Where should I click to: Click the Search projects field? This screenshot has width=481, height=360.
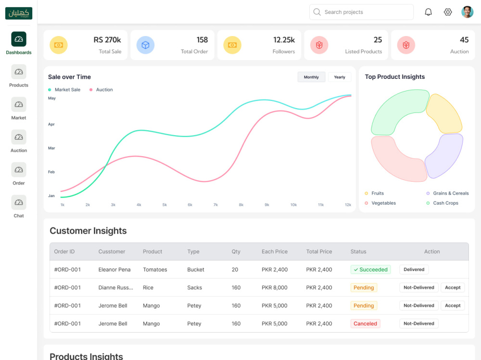click(x=361, y=12)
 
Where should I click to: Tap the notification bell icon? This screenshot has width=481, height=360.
click(x=428, y=12)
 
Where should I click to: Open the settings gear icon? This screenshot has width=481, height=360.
click(x=448, y=12)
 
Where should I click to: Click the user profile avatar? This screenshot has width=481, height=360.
click(x=467, y=12)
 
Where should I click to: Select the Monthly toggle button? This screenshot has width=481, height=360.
click(x=311, y=77)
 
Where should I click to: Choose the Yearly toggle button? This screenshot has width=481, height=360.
click(x=340, y=77)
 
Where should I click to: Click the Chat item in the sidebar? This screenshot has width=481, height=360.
click(x=19, y=206)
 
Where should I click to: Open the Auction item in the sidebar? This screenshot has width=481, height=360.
click(x=19, y=141)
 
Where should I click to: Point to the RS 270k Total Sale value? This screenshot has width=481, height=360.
click(x=107, y=40)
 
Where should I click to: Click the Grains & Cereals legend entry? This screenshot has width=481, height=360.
click(x=447, y=193)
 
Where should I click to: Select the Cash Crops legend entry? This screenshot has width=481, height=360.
click(x=443, y=203)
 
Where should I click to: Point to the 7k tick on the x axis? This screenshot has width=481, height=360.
click(x=215, y=205)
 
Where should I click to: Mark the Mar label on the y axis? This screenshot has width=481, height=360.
click(x=51, y=148)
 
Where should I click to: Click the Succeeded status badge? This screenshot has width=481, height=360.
click(x=370, y=270)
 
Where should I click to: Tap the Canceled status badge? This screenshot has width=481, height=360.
click(x=366, y=323)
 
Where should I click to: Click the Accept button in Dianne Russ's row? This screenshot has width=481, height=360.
click(x=453, y=287)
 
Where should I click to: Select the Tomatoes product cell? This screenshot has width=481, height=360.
click(x=155, y=270)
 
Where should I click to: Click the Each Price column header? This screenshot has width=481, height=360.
click(x=275, y=251)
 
